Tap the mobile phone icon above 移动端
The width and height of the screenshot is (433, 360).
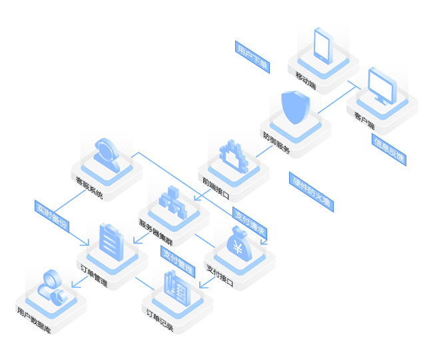[x=322, y=45]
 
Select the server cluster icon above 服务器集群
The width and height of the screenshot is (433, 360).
[x=170, y=201]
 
